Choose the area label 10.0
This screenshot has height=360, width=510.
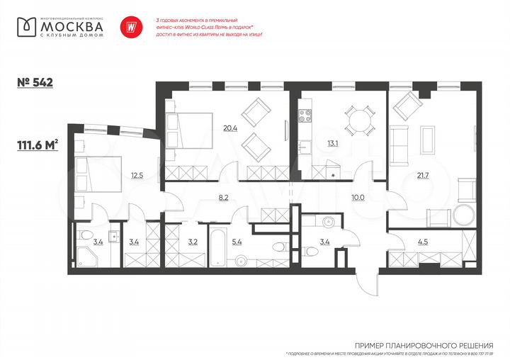(x=358, y=197)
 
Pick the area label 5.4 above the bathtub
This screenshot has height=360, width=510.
(x=257, y=242)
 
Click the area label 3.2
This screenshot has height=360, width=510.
(x=193, y=242)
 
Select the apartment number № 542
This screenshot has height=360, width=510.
(x=35, y=81)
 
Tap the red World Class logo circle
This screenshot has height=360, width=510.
(x=130, y=26)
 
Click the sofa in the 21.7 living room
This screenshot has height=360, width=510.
(x=399, y=147)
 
